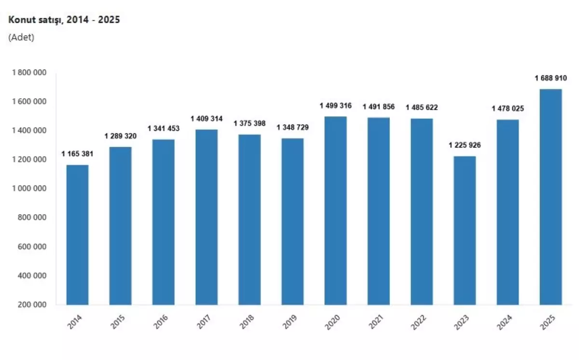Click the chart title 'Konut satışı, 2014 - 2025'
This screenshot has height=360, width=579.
pos(64,20)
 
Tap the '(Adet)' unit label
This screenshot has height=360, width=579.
pos(21,38)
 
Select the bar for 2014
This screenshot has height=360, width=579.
pos(77,235)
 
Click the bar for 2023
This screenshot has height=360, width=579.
pos(465,230)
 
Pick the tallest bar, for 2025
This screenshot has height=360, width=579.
pos(551,197)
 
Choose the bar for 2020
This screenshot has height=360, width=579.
pos(335,210)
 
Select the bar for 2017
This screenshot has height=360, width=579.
pos(207,217)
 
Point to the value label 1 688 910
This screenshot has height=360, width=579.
pos(551,78)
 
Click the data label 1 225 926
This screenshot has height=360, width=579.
pos(465,145)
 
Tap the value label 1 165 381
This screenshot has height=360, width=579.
pos(77,154)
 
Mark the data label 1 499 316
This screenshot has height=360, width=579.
pos(335,106)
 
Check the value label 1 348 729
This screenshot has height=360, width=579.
pos(292,127)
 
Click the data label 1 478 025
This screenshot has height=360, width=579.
pos(508,109)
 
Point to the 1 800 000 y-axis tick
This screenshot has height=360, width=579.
pos(29,72)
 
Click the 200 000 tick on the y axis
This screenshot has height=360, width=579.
pos(33,305)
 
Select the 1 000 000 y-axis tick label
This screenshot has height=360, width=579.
pos(29,189)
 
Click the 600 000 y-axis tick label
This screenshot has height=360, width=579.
pos(33,247)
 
